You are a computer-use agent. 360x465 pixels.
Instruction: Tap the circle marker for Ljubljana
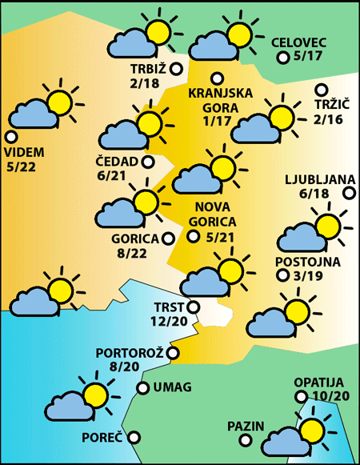point(350,192)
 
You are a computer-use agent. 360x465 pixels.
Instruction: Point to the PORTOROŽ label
point(130,353)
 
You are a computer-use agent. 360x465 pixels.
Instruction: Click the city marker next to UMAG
point(142,388)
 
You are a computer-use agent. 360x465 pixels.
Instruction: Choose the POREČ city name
point(102,438)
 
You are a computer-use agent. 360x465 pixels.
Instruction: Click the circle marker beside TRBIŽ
point(176,70)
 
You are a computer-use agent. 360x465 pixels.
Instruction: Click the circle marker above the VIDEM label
point(11,136)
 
